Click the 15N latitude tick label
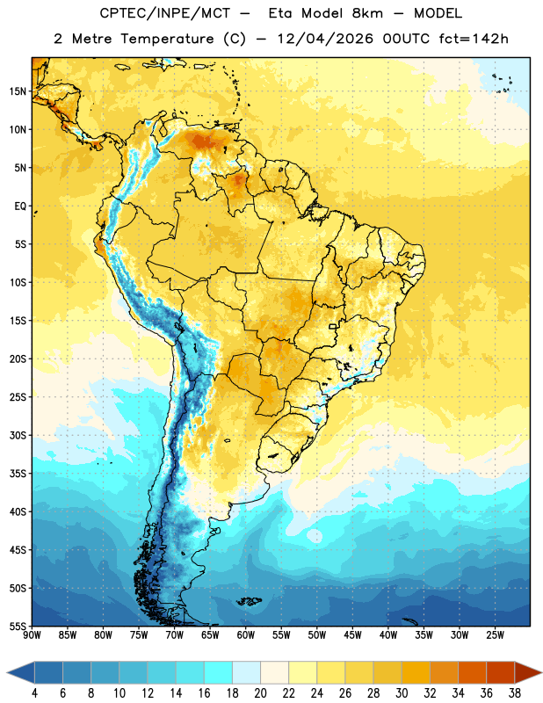click(x=18, y=91)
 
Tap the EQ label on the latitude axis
click(x=20, y=207)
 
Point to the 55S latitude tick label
click(x=18, y=626)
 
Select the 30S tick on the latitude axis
click(x=18, y=435)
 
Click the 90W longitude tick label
click(x=32, y=634)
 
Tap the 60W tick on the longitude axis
click(x=246, y=634)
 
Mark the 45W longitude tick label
click(x=352, y=634)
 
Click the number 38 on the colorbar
click(x=514, y=693)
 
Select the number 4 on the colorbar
click(x=34, y=693)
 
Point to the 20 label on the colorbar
click(x=260, y=693)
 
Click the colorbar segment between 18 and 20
click(x=247, y=672)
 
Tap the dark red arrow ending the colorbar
click(x=527, y=672)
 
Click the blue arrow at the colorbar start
click(x=21, y=672)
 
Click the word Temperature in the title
click(x=167, y=39)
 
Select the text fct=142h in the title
click(x=474, y=39)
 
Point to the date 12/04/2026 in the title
click(x=324, y=39)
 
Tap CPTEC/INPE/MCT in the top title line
click(x=164, y=13)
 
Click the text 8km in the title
click(x=367, y=13)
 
